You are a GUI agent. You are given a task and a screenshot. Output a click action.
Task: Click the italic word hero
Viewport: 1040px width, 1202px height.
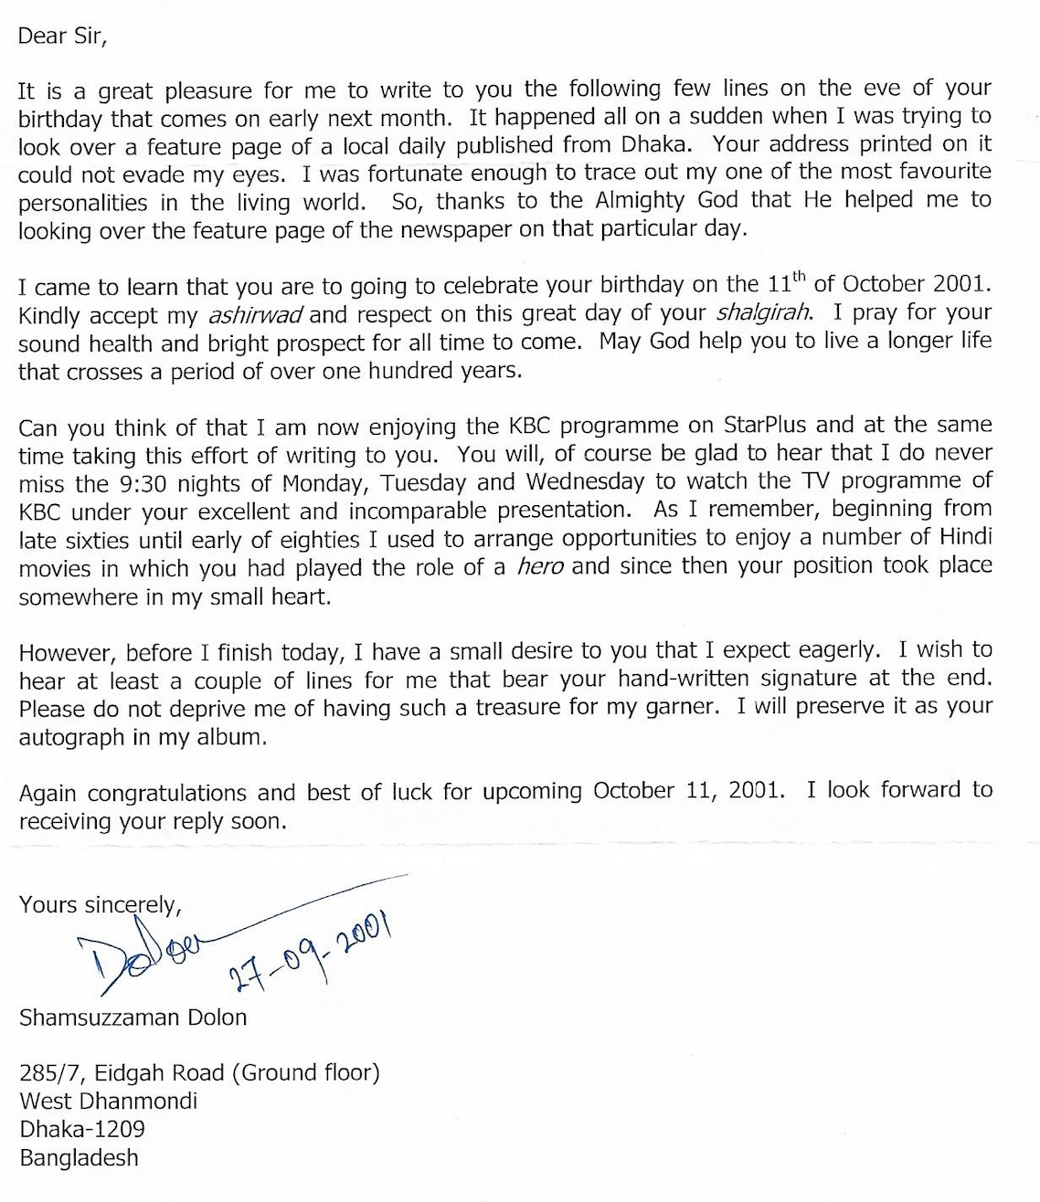pos(539,567)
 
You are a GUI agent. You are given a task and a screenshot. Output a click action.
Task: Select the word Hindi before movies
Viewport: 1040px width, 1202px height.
pos(959,538)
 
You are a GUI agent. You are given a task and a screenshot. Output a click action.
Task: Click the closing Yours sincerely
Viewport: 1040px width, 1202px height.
pos(101,905)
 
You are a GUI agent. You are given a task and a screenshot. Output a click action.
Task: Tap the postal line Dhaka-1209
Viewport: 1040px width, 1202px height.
pos(81,1129)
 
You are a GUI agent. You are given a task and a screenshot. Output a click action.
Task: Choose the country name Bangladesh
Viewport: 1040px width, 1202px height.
pos(79,1158)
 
